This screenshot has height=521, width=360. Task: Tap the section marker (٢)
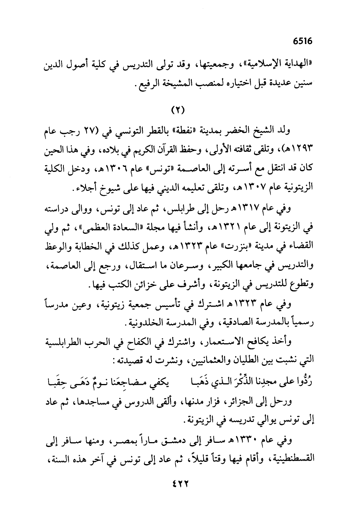[177, 111]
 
